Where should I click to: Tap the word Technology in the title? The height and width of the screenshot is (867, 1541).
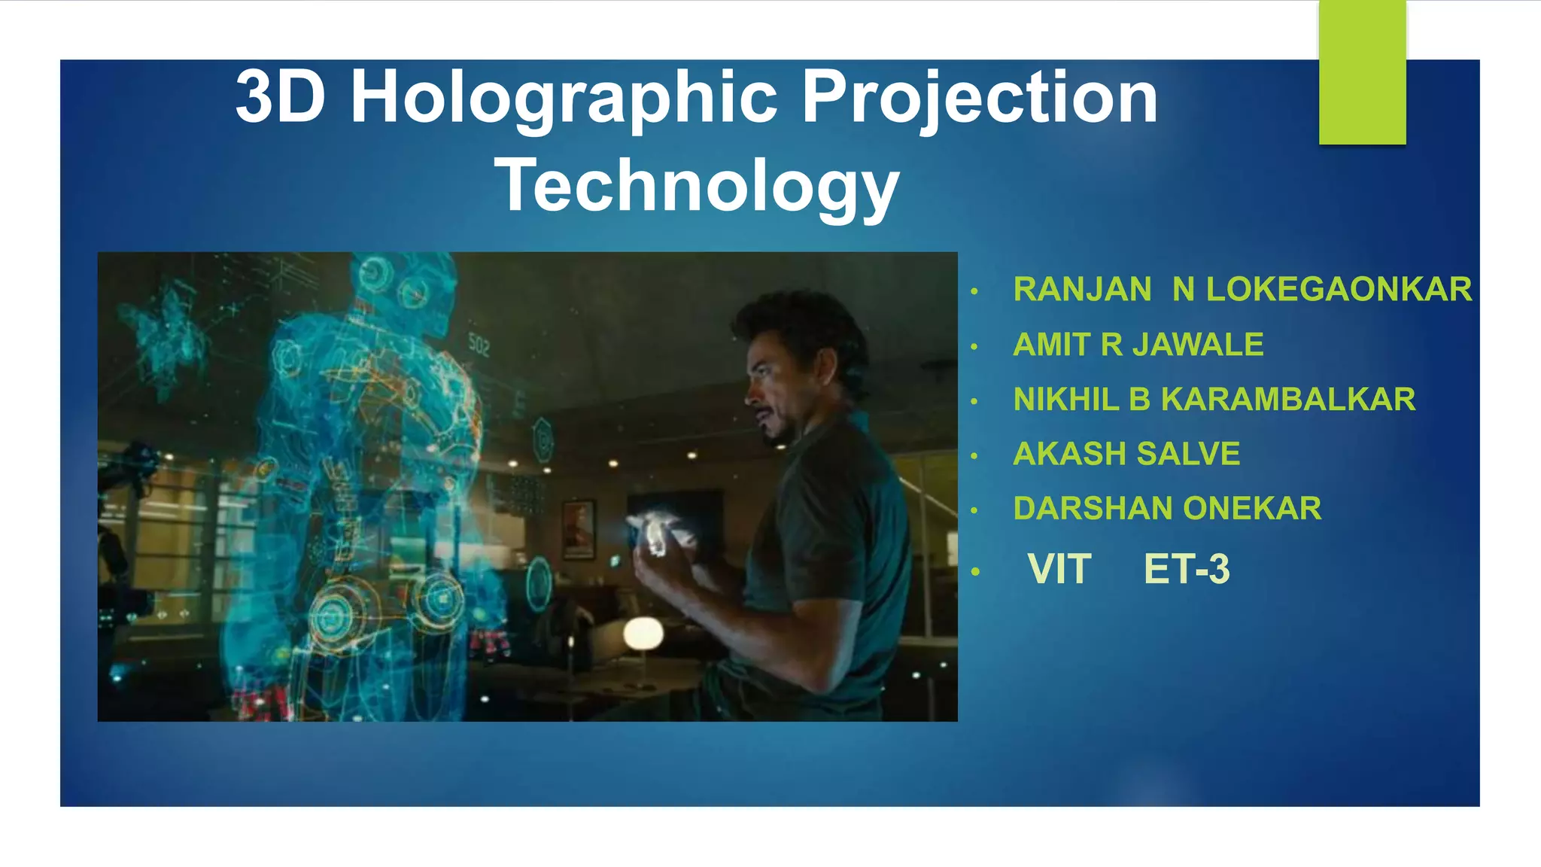(x=697, y=186)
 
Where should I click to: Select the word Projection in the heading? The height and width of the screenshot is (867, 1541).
(x=979, y=98)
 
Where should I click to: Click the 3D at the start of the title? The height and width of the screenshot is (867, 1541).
(x=281, y=98)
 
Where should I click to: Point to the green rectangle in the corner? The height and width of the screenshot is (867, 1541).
(x=1362, y=72)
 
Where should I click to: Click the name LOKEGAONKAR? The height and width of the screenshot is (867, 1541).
(x=1339, y=290)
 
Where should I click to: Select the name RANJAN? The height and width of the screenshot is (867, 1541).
(x=1082, y=290)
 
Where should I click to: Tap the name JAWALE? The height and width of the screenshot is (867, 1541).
(x=1197, y=345)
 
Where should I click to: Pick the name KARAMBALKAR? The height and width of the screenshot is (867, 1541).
(x=1287, y=400)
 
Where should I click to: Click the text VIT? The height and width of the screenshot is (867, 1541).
(x=1059, y=569)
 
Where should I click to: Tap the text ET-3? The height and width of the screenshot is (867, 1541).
(x=1186, y=569)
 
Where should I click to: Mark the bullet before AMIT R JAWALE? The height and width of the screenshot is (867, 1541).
(x=974, y=347)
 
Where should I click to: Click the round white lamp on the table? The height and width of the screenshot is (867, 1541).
(x=643, y=634)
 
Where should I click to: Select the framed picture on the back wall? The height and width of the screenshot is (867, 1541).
(x=578, y=530)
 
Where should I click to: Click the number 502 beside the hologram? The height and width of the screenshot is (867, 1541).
(x=479, y=345)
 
